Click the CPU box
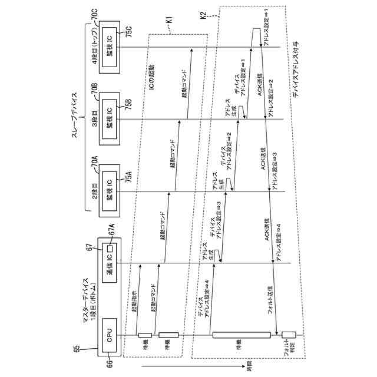(110, 336)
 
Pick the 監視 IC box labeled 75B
(110, 118)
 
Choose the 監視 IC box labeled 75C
(110, 47)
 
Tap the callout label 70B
(95, 89)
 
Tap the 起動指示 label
(134, 300)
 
